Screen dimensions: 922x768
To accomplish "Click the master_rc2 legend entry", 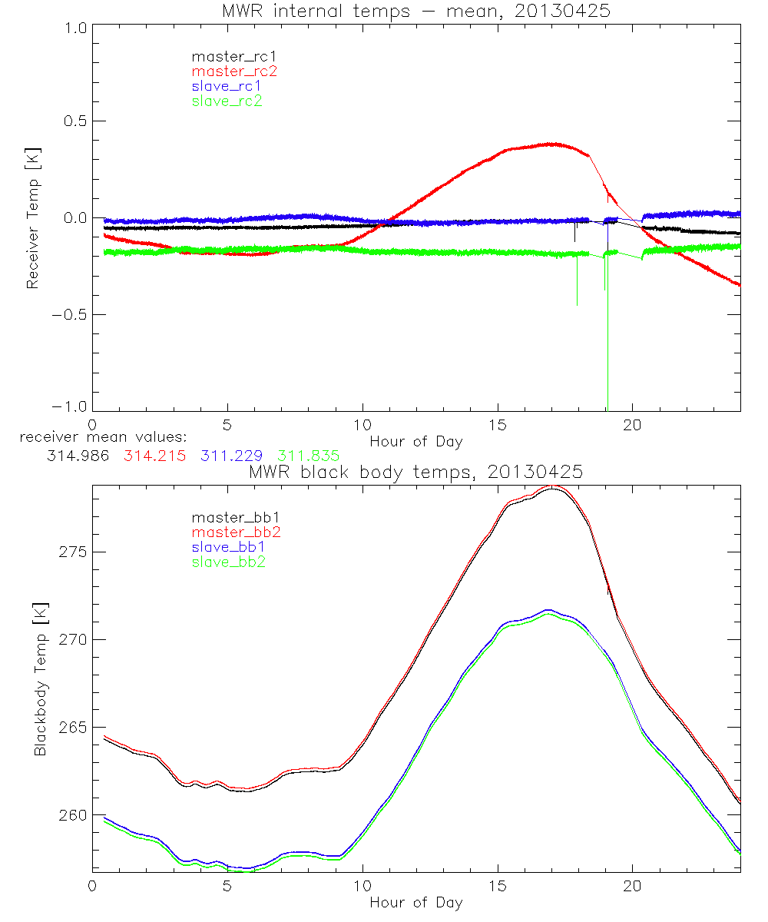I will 234,71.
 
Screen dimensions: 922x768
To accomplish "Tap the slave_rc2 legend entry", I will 227,101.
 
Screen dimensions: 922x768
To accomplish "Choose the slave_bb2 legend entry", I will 229,563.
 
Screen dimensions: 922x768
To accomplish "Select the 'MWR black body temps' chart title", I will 415,472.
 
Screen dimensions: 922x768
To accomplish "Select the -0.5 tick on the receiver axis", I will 69,314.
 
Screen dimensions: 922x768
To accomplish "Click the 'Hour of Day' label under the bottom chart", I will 415,903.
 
